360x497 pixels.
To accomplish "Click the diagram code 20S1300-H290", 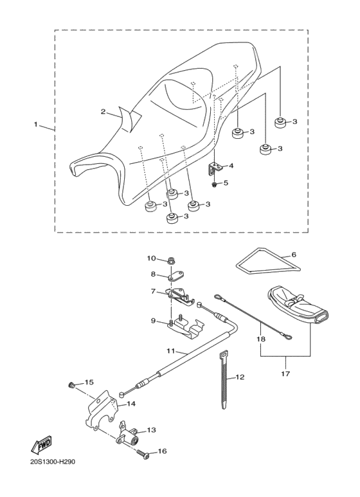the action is click(53, 462).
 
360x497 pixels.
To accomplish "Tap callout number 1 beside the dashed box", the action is click(36, 124).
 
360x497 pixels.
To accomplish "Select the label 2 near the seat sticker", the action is click(103, 112).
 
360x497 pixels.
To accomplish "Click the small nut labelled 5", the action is click(215, 183).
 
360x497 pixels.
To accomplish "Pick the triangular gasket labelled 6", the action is click(269, 261).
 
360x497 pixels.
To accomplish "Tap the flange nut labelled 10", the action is click(172, 262).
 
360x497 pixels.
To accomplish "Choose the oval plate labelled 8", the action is click(176, 275).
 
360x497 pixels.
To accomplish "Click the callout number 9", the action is click(153, 321).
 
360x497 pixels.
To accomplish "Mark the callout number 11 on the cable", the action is click(171, 351).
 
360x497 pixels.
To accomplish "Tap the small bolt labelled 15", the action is click(72, 386).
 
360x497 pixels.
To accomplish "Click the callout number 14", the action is click(131, 404).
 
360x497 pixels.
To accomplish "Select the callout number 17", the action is click(285, 374).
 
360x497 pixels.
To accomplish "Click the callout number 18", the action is click(262, 339).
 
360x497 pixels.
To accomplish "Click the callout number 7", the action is click(154, 291).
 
